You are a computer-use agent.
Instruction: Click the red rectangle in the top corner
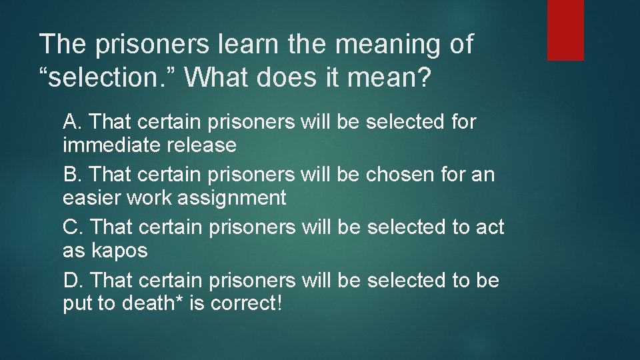point(565,30)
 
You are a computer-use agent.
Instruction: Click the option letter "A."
point(72,122)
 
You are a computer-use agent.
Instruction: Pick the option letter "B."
point(72,175)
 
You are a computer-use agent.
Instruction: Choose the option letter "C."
point(73,227)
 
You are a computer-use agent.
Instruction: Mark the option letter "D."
point(73,280)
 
